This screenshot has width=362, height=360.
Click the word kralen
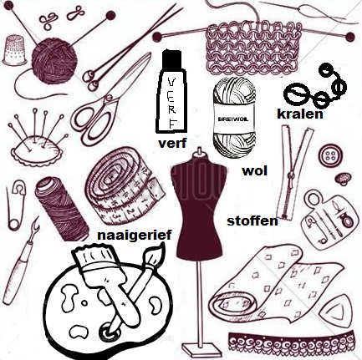pos(300,114)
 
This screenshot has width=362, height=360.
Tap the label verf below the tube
pos(172,143)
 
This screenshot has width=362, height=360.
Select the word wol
pos(255,170)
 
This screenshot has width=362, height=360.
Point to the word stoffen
pos(252,221)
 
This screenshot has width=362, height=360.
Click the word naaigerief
pos(134,235)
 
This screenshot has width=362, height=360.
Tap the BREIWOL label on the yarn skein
pos(233,119)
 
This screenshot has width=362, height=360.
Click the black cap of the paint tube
pos(172,60)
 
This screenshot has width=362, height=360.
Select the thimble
pos(15,50)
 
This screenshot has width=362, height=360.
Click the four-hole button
pos(330,156)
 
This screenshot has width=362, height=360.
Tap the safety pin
pos(16,205)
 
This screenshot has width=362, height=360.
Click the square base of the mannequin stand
pos(199,348)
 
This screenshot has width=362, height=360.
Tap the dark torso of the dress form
pos(198,206)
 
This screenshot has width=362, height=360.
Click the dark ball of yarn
pos(54,60)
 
